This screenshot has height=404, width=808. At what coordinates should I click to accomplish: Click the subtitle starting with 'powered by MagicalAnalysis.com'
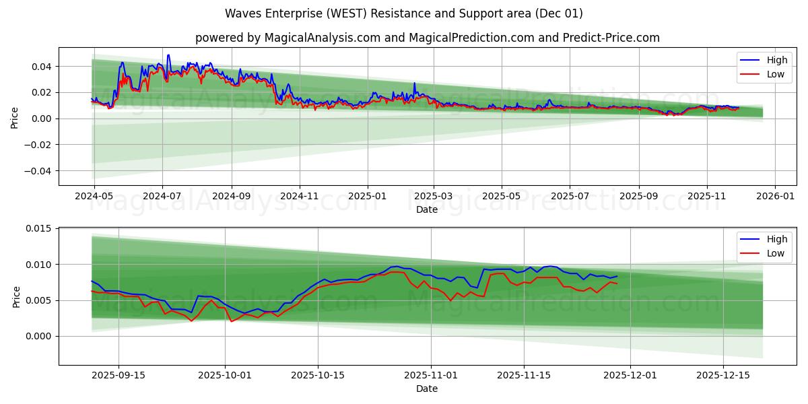[x=427, y=38]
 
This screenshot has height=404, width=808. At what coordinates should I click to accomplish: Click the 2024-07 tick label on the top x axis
[x=162, y=196]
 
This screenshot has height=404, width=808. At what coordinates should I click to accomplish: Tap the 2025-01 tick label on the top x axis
[x=368, y=196]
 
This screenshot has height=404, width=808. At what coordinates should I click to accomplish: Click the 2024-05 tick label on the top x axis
[x=94, y=196]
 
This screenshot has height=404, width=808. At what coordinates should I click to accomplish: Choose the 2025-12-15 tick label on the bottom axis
[x=722, y=375]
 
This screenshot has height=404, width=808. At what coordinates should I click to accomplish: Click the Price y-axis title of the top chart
[x=15, y=116]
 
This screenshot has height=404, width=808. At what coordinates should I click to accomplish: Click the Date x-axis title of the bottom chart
[x=427, y=389]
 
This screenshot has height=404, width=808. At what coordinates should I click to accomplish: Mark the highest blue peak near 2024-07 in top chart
[x=168, y=55]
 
